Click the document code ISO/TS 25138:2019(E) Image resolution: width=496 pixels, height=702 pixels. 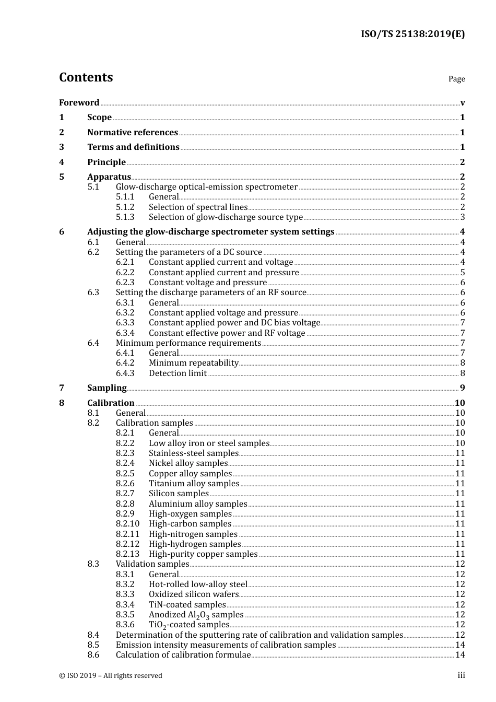pyautogui.click(x=412, y=34)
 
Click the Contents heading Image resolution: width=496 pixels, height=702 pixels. pyautogui.click(x=86, y=77)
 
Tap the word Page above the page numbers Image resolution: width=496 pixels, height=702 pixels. pyautogui.click(x=456, y=79)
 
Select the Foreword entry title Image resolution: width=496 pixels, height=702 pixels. pyautogui.click(x=79, y=103)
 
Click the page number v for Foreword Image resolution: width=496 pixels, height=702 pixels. pyautogui.click(x=463, y=103)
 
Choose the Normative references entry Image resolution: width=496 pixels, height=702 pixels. pyautogui.click(x=133, y=133)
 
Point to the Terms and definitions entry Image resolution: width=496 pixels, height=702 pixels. pyautogui.click(x=133, y=147)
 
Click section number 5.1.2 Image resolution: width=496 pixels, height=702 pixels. pyautogui.click(x=125, y=207)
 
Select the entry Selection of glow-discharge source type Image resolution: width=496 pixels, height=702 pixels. pyautogui.click(x=226, y=217)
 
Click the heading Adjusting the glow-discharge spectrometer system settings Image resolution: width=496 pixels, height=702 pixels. pyautogui.click(x=210, y=232)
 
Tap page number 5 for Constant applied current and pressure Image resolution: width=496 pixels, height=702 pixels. pyautogui.click(x=463, y=273)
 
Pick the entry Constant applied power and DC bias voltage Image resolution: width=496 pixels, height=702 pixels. pyautogui.click(x=234, y=323)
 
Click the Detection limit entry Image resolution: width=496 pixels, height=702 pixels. pyautogui.click(x=178, y=373)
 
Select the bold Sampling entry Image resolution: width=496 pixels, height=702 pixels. pyautogui.click(x=107, y=388)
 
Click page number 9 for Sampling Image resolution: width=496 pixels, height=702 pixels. pyautogui.click(x=463, y=388)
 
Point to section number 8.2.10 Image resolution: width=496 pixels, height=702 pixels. pyautogui.click(x=127, y=524)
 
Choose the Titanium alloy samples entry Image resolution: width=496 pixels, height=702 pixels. pyautogui.click(x=194, y=484)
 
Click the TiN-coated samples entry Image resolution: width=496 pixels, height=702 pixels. pyautogui.click(x=187, y=605)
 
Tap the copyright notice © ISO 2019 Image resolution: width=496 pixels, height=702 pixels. pyautogui.click(x=110, y=676)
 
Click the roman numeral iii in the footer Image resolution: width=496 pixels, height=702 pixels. pyautogui.click(x=461, y=675)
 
